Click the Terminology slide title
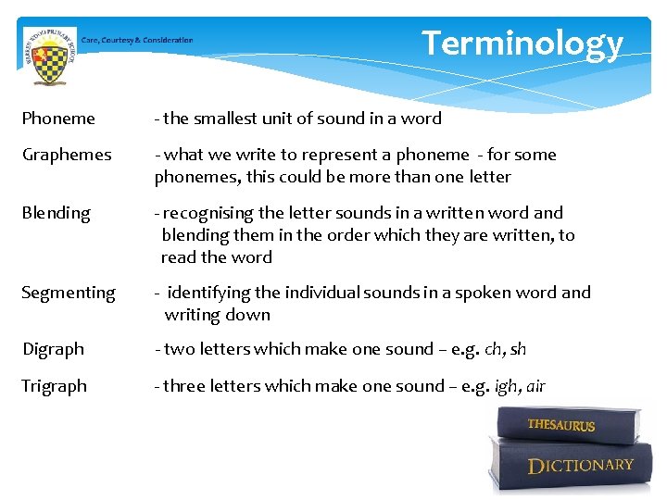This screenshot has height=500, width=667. coord(522,44)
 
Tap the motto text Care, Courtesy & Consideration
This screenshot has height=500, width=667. coord(137,40)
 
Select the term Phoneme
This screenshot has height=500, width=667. coord(58,119)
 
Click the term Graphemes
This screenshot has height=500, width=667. coord(67,155)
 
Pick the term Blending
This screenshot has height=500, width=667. coord(57,213)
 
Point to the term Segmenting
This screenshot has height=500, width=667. coord(69,293)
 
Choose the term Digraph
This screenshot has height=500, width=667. coord(53,349)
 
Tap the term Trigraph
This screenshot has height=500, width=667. coord(55,386)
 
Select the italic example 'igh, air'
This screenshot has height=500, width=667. coord(520,386)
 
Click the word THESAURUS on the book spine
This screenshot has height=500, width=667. coord(561,425)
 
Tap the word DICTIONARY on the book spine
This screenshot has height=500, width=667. coord(581,465)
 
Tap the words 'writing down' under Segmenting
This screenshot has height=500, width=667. coord(217,315)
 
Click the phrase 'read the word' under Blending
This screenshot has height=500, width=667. coord(217,257)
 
